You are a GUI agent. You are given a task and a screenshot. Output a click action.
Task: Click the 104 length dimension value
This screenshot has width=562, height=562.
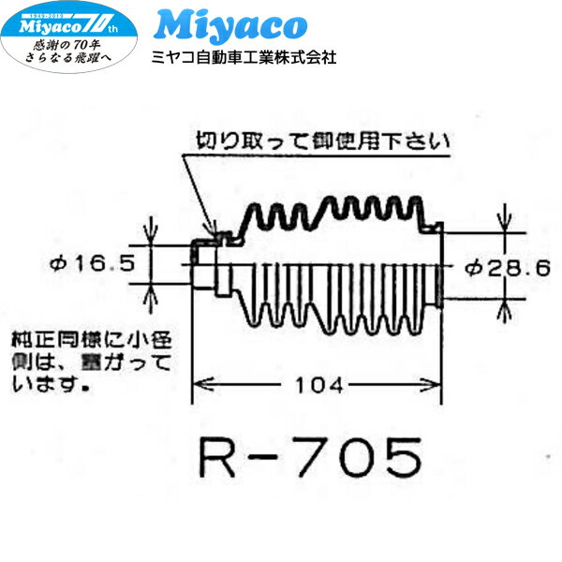(x=317, y=384)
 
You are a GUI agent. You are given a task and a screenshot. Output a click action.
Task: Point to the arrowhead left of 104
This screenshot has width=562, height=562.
(x=200, y=384)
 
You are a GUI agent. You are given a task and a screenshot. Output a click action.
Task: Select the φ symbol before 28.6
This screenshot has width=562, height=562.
(x=472, y=267)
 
